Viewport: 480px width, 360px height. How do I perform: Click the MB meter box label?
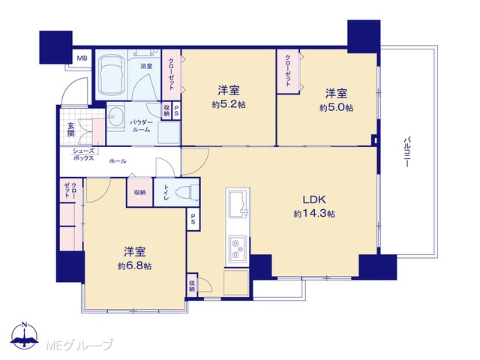pyautogui.click(x=82, y=58)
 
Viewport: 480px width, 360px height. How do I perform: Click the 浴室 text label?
pyautogui.click(x=146, y=66)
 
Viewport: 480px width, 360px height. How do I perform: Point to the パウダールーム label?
pyautogui.click(x=141, y=126)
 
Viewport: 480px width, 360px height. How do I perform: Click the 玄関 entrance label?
pyautogui.click(x=71, y=130)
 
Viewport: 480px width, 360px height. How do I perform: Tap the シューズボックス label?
pyautogui.click(x=83, y=154)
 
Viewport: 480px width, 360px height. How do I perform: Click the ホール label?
pyautogui.click(x=118, y=161)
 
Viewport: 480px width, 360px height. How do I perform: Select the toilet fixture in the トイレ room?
pyautogui.click(x=187, y=193)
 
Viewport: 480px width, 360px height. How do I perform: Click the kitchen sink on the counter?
pyautogui.click(x=238, y=204)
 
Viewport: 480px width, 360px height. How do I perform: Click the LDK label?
pyautogui.click(x=314, y=200)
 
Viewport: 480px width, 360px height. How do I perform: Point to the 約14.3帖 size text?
pyautogui.click(x=314, y=213)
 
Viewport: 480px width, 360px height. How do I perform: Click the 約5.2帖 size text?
pyautogui.click(x=229, y=105)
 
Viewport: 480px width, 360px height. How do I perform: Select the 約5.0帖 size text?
pyautogui.click(x=336, y=108)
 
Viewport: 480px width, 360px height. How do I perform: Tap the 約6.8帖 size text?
pyautogui.click(x=135, y=266)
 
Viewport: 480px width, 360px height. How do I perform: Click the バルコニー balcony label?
pyautogui.click(x=406, y=152)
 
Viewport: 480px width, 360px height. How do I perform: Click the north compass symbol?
pyautogui.click(x=25, y=335)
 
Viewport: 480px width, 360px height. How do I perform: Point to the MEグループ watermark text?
pyautogui.click(x=79, y=345)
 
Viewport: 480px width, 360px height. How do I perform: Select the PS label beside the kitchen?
pyautogui.click(x=193, y=219)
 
